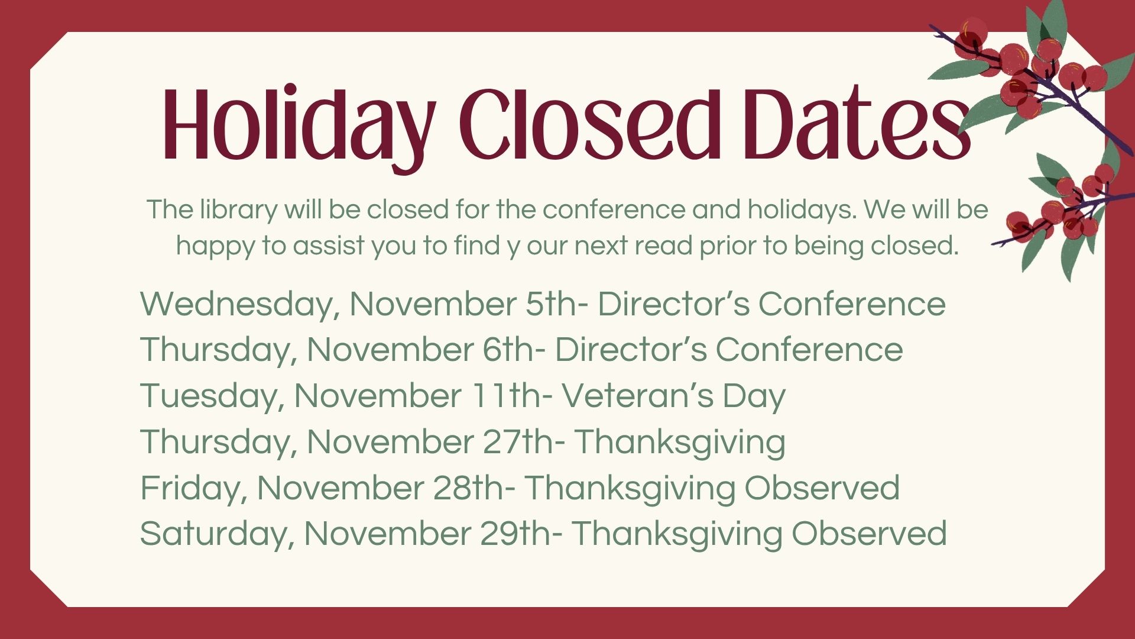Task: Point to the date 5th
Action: pyautogui.click(x=550, y=304)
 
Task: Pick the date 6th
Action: pyautogui.click(x=507, y=350)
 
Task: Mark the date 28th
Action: pyautogui.click(x=468, y=488)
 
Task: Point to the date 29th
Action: pyautogui.click(x=515, y=534)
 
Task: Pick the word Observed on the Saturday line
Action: pyautogui.click(x=869, y=534)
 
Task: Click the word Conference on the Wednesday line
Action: pyautogui.click(x=852, y=304)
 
